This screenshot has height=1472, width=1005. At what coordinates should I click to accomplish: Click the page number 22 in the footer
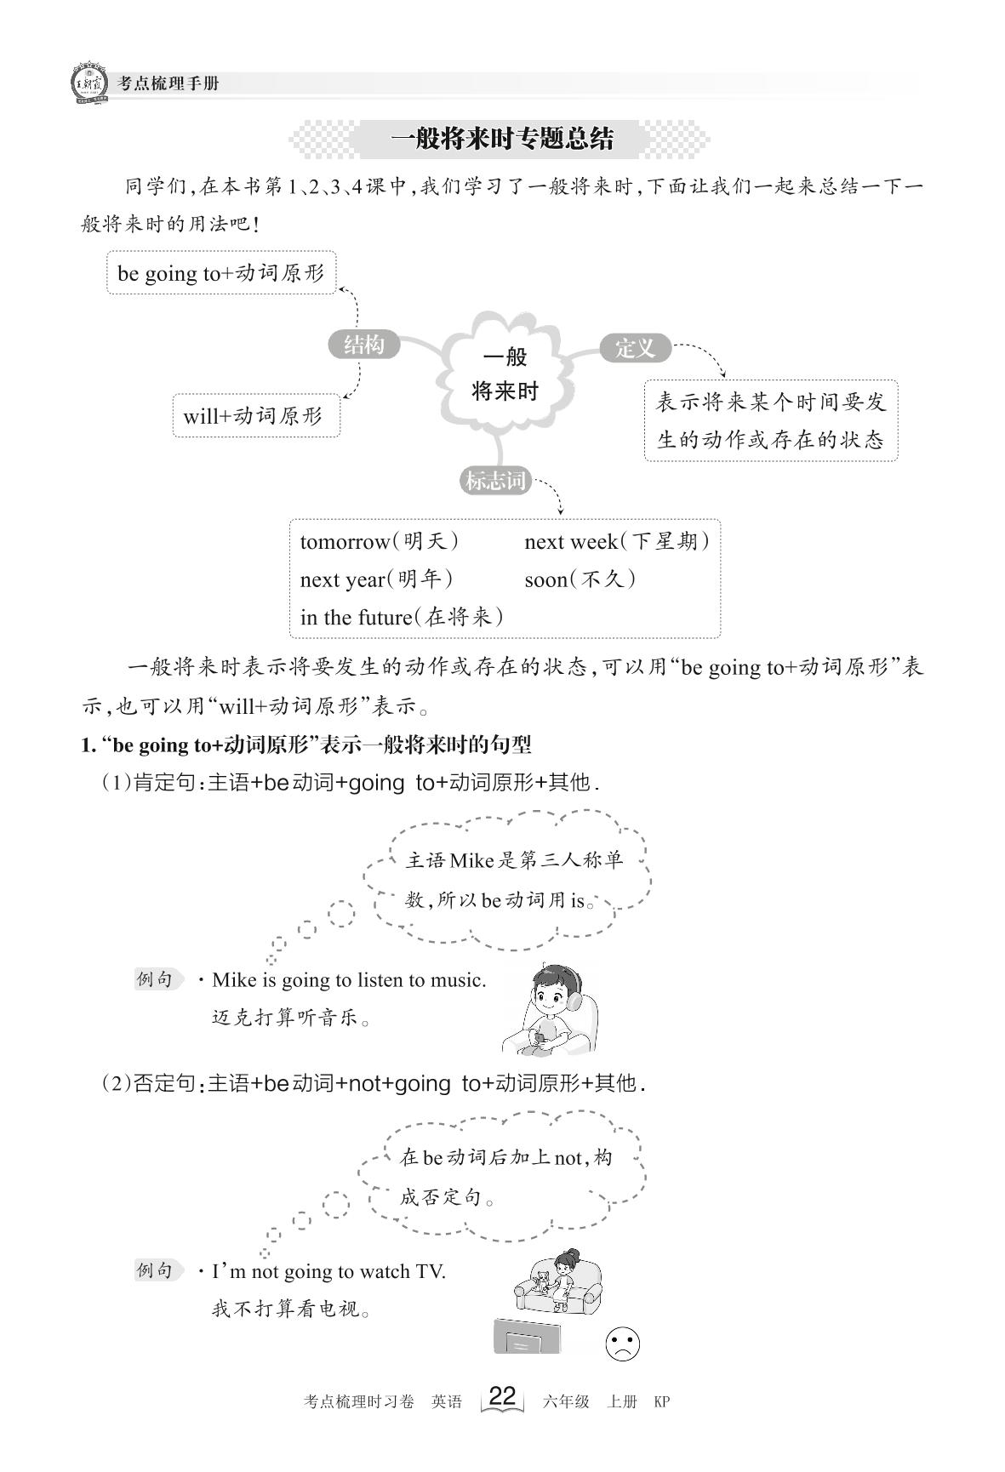502,1396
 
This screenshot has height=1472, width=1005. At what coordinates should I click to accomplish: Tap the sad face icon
622,1344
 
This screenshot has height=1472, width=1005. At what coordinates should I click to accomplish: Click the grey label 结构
363,345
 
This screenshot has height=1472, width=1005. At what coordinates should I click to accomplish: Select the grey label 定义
636,347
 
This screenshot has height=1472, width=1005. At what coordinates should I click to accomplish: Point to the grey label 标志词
495,481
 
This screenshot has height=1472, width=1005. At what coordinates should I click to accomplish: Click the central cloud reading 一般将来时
505,374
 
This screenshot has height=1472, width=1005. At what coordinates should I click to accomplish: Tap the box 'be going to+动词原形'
221,272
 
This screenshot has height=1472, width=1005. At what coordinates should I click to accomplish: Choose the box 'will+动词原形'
255,415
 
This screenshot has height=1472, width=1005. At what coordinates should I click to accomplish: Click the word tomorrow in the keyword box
344,541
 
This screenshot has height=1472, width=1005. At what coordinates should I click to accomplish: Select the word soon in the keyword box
545,579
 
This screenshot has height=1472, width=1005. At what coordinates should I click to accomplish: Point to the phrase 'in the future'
356,617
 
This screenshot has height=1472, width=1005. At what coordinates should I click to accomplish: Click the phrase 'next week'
570,541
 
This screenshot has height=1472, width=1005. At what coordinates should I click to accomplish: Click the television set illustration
528,1337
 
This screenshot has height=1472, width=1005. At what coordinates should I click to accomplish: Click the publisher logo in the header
87,83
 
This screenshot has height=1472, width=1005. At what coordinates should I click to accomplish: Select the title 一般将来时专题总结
501,138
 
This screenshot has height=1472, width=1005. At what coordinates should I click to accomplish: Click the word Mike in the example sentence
234,979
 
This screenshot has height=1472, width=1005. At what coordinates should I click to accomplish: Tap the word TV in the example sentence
430,1271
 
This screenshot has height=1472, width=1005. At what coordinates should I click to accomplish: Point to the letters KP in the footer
661,1401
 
